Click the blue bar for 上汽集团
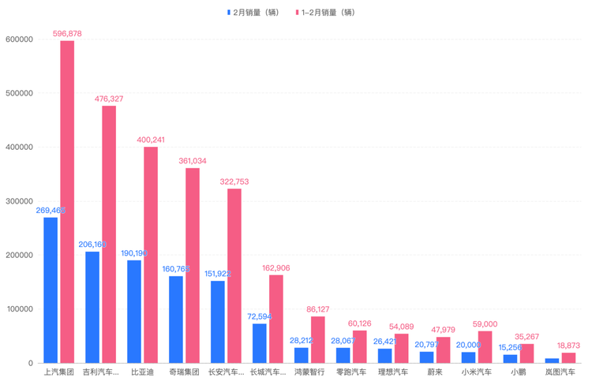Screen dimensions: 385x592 (51, 290)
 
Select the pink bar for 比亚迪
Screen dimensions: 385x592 (151, 255)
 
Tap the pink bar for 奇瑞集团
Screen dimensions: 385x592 (193, 265)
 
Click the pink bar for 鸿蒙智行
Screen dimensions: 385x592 (318, 339)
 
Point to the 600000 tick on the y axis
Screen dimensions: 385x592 (18, 39)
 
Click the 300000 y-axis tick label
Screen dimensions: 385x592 (18, 201)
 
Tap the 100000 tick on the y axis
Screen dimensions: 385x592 (18, 309)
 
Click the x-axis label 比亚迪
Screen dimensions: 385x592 (143, 372)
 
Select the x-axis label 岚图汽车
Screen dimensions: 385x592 (560, 372)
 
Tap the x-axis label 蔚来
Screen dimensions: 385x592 (435, 372)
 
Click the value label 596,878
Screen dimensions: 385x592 (67, 34)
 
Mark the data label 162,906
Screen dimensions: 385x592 (276, 268)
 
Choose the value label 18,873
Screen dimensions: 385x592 (568, 346)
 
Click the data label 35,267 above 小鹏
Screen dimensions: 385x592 (526, 337)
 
